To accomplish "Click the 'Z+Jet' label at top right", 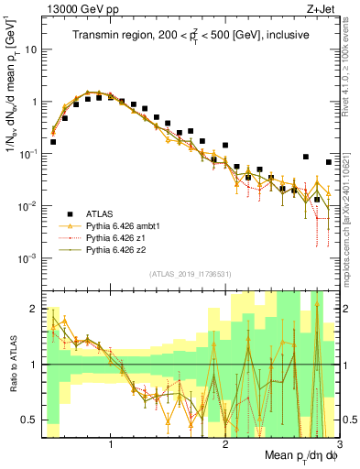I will (x=321, y=8).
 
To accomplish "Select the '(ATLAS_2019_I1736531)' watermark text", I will (x=191, y=273).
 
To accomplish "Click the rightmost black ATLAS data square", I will (x=329, y=162).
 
